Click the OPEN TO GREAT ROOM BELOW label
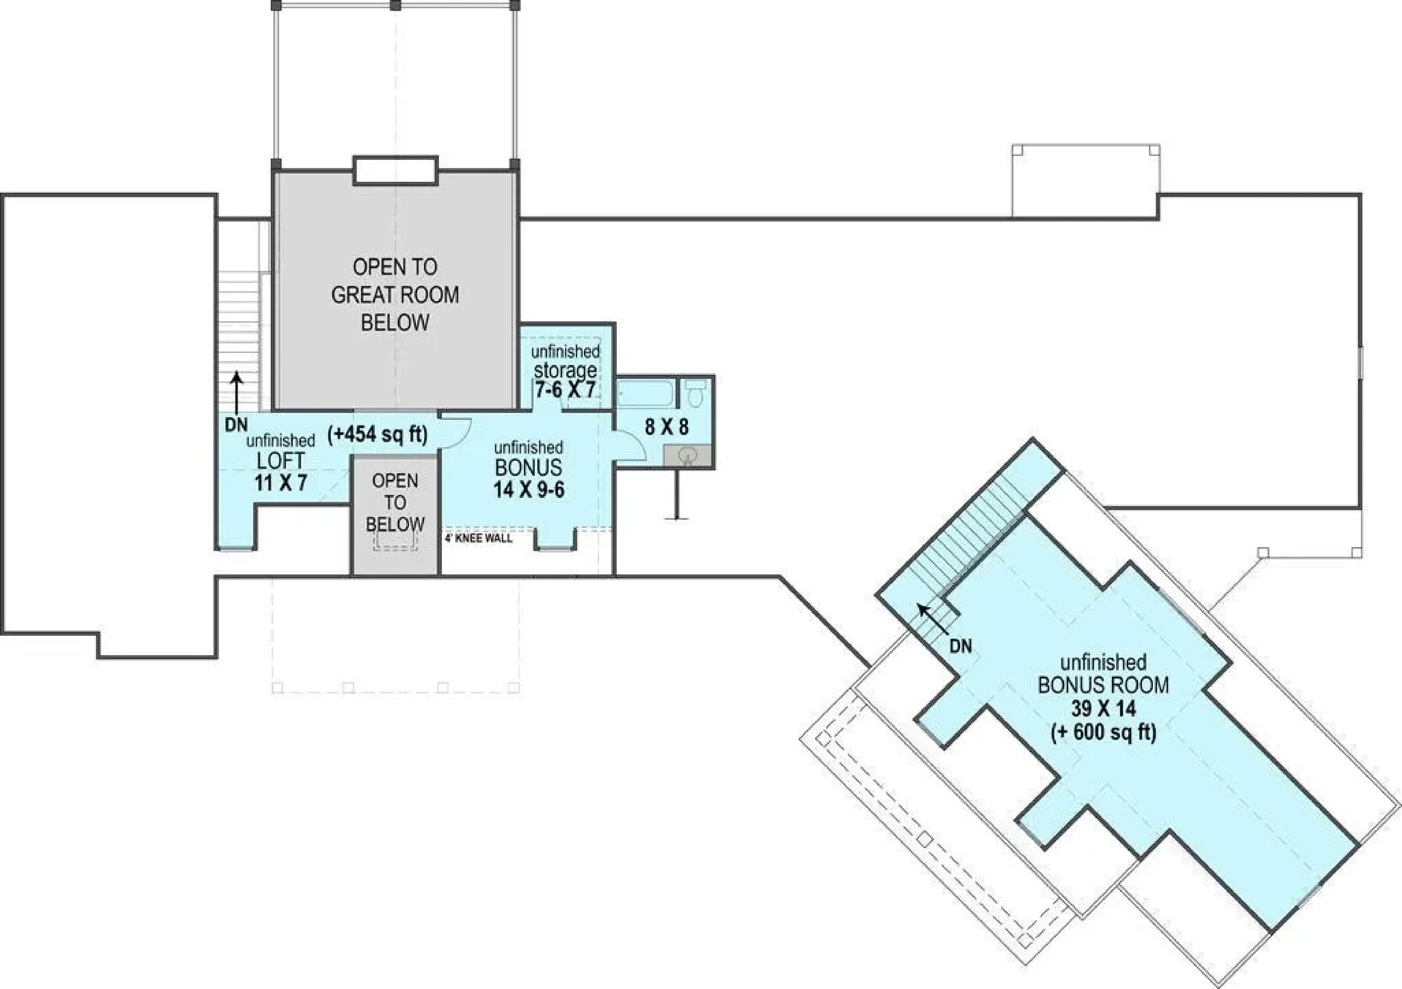pos(395,295)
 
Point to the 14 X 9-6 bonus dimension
pos(529,490)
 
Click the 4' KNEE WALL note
pos(478,538)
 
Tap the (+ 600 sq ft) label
pos(1103,732)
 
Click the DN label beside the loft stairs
pos(236,425)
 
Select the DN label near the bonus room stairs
pos(960,646)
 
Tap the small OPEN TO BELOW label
pos(395,503)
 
